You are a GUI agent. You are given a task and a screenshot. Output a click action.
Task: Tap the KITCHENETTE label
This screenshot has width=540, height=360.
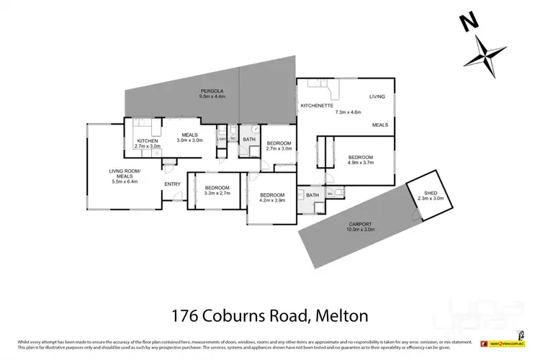tap(317, 106)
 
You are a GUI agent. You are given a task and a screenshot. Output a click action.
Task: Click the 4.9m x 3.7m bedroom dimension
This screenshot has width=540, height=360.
tap(361, 163)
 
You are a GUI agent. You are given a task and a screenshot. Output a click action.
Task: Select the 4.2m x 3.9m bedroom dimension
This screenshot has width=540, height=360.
tap(273, 202)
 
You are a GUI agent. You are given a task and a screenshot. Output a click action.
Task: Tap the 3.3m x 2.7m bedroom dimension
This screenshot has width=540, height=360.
tap(217, 193)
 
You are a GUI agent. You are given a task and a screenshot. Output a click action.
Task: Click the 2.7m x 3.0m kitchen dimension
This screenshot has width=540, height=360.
tap(147, 146)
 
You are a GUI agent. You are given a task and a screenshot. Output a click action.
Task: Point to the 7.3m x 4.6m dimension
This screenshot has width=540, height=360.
tap(349, 112)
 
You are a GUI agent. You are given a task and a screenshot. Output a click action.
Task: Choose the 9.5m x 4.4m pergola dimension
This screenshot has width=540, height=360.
tap(212, 96)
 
